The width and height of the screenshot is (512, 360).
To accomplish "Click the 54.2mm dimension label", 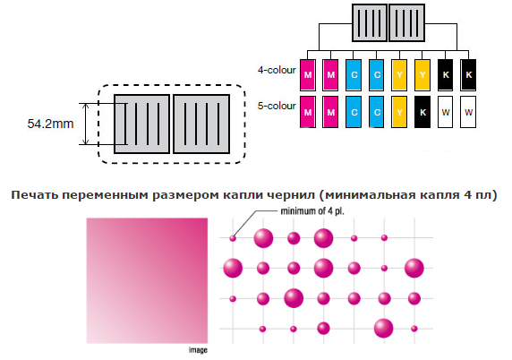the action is pos(51,124).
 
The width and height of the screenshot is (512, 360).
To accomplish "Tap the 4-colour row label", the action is pos(277,70).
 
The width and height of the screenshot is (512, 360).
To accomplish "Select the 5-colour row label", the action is pos(277,106).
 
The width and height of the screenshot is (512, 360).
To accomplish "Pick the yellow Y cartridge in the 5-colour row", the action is pos(399,112).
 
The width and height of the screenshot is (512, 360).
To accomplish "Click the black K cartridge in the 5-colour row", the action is pos(422,112).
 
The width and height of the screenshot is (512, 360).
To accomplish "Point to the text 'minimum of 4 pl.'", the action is pos(312,211).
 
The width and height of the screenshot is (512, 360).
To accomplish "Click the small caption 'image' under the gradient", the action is pos(198,350).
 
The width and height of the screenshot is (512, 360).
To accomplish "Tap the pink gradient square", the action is pos(147,280).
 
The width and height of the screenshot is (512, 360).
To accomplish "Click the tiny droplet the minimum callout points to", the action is pos(233,238).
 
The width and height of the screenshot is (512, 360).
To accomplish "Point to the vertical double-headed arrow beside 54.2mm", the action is pos(86,124).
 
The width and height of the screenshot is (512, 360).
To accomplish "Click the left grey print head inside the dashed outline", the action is pos(142,124).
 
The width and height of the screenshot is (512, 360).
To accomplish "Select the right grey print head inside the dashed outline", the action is pos(201,124).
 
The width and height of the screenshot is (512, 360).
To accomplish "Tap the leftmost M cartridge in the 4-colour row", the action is pos(308,75).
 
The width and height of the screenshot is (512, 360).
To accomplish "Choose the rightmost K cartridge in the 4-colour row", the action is pos(468,75).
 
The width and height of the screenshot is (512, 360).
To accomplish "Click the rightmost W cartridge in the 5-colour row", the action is pos(468,112).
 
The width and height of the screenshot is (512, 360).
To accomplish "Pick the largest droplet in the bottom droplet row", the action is pos(384,328).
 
